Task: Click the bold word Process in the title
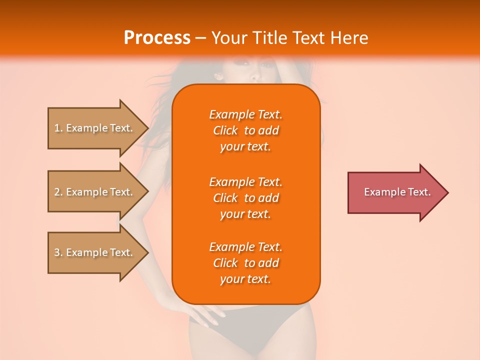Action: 157,38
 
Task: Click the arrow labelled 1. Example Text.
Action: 95,128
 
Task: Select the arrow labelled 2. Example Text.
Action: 95,192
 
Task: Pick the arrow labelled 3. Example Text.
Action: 95,252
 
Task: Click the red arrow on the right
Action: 395,192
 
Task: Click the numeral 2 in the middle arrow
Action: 56,192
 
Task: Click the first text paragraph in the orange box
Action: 245,130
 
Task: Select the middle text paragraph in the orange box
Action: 245,198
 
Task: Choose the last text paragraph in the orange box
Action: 245,263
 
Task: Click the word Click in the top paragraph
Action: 225,130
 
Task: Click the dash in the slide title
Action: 201,38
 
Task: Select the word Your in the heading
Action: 229,38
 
